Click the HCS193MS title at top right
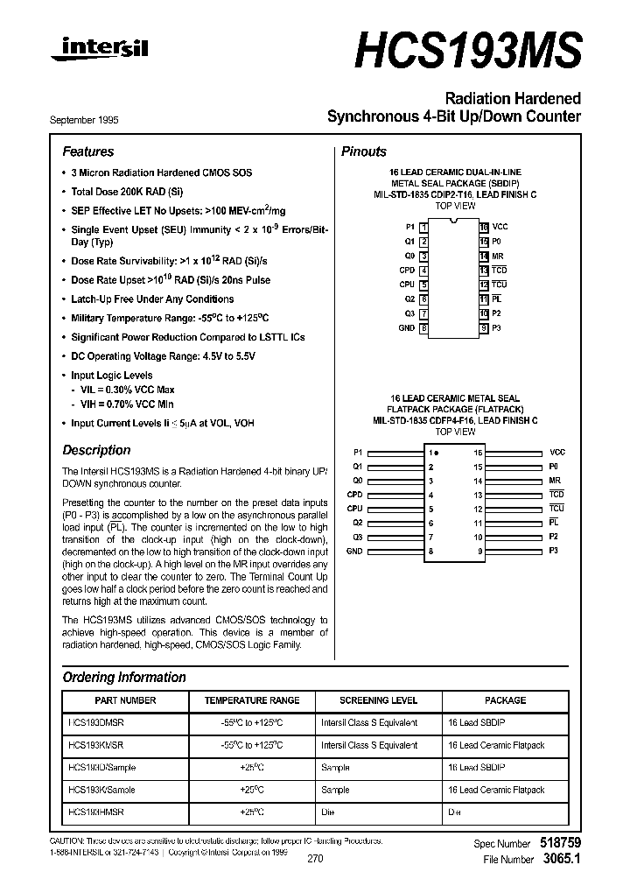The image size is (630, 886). [x=467, y=51]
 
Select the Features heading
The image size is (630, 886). [x=87, y=151]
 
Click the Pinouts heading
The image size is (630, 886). [x=363, y=151]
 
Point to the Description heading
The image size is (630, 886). [x=96, y=450]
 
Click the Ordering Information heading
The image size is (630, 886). [x=124, y=677]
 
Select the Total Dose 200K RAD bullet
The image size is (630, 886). [x=127, y=191]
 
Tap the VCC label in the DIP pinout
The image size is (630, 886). [x=500, y=227]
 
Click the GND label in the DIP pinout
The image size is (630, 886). [x=406, y=328]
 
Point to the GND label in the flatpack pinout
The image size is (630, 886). [x=354, y=551]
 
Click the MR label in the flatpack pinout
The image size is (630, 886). [x=555, y=481]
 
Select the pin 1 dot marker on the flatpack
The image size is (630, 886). [x=437, y=453]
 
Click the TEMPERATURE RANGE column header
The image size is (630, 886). [x=252, y=700]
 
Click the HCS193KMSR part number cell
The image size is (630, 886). [x=95, y=745]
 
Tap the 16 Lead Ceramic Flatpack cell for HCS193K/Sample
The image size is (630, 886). [x=495, y=790]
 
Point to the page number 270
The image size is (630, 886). [x=315, y=859]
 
